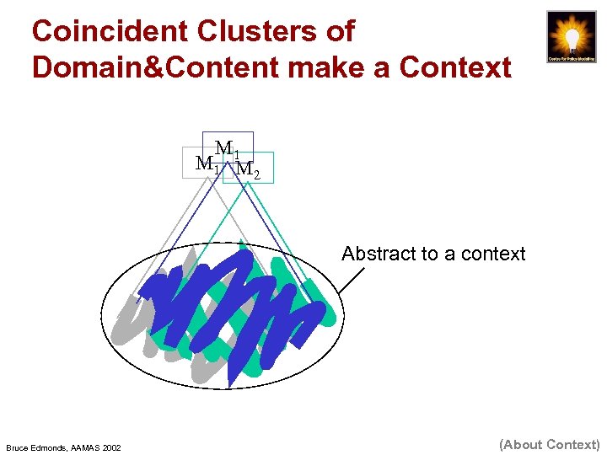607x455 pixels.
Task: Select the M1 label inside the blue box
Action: pos(227,150)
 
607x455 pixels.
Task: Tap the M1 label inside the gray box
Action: pos(207,164)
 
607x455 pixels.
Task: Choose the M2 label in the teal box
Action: pos(247,169)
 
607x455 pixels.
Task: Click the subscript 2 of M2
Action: pos(256,175)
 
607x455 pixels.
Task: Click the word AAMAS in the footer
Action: pos(89,447)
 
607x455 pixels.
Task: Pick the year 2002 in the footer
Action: pos(112,447)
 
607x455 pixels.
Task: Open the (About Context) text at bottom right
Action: pos(549,444)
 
